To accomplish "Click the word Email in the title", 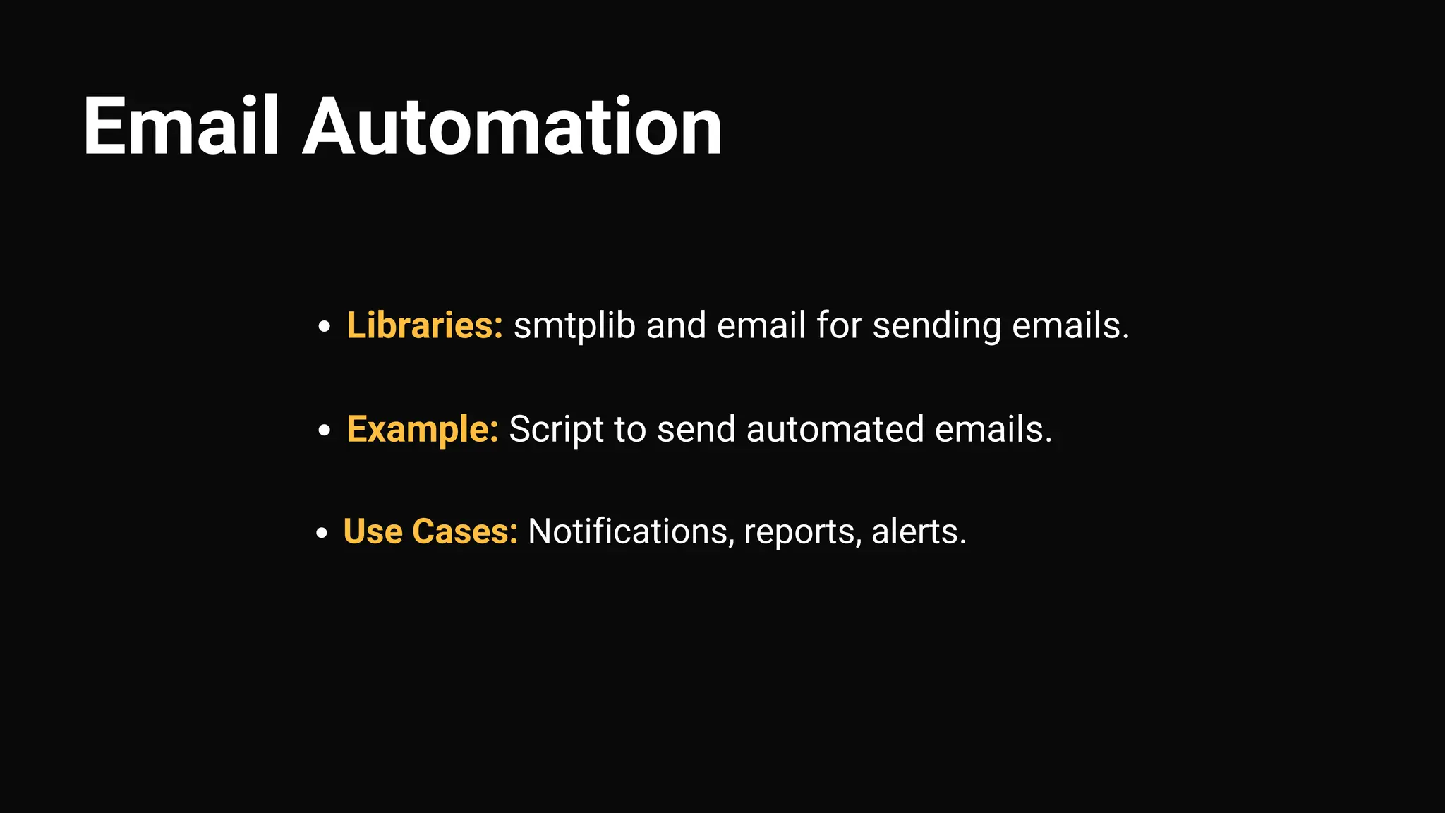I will tap(181, 127).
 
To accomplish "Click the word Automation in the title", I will tap(512, 127).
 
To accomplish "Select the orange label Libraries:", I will tap(425, 325).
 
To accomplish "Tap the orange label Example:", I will tap(423, 429).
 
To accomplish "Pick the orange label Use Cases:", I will tap(430, 531).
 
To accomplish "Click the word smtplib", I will tap(574, 326).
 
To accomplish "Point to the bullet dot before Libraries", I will tap(324, 327).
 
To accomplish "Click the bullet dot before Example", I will tap(324, 430).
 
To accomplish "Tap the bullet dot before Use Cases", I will tap(322, 533).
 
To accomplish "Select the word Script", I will tap(556, 430).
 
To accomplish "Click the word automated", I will tap(835, 429).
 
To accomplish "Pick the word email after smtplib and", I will tap(761, 325).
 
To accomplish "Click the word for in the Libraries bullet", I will tap(839, 325).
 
